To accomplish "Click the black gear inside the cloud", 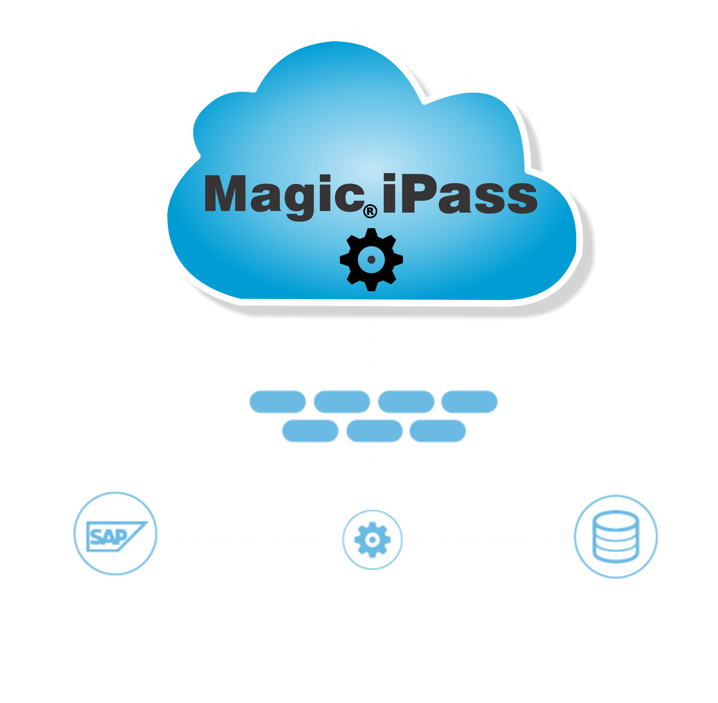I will [x=371, y=259].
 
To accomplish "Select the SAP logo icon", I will [x=115, y=534].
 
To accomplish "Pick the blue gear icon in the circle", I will [x=372, y=539].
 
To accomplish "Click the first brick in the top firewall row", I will [x=277, y=402].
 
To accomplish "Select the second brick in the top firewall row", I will [x=342, y=402].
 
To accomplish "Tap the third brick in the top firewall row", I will [x=406, y=402].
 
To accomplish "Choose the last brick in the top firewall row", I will [x=469, y=402].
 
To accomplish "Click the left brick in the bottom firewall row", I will [x=310, y=431].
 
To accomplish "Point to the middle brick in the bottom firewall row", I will [x=374, y=431].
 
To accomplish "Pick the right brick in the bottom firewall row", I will [x=438, y=431].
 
